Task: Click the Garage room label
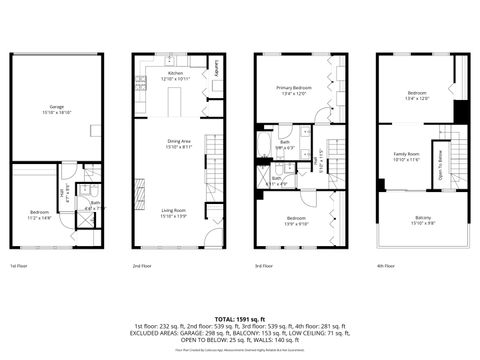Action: click(x=56, y=107)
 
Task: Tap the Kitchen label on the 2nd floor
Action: click(x=176, y=75)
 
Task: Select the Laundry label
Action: click(x=217, y=71)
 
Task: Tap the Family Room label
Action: click(x=406, y=155)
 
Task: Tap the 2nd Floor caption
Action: click(x=142, y=266)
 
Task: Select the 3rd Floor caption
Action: click(x=264, y=266)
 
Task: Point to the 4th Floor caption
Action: click(x=387, y=266)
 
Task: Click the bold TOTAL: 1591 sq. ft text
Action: click(x=240, y=319)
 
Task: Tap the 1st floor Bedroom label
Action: click(x=40, y=214)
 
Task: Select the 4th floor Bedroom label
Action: click(x=416, y=95)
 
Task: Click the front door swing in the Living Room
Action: click(x=213, y=237)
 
